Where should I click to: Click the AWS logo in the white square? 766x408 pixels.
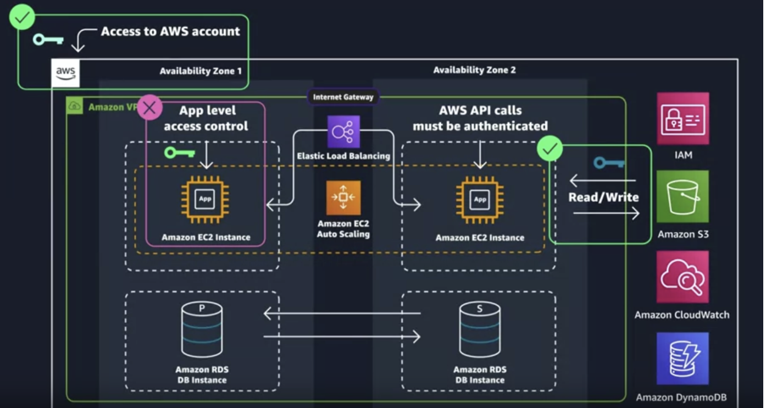coord(65,74)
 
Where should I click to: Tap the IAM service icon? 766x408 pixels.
coord(683,118)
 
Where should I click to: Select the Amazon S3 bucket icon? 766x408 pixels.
coord(683,196)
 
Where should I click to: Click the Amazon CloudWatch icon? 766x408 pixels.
coord(682,277)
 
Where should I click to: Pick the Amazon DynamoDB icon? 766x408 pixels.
coord(682,358)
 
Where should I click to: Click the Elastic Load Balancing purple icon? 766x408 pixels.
coord(343,131)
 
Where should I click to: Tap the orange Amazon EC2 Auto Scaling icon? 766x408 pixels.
coord(343,197)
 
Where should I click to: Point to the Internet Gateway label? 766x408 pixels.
coord(343,97)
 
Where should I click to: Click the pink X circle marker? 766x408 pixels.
coord(149,108)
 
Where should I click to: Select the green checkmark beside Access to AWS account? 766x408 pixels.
coord(22,18)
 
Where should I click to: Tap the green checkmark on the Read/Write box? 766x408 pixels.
coord(550,148)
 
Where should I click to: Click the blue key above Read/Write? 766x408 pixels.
coord(609,163)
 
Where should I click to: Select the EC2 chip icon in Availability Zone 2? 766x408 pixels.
coord(480,199)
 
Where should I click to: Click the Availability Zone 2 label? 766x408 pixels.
coord(474,70)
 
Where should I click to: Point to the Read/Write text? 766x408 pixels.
coord(603,197)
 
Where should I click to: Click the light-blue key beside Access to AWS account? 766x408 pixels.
coord(48,40)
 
